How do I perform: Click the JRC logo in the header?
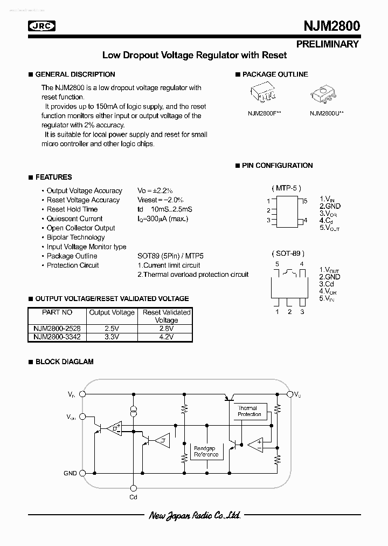(43, 26)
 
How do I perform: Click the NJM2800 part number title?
(327, 26)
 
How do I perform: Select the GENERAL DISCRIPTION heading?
(75, 74)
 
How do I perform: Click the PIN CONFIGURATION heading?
(277, 166)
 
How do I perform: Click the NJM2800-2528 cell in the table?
(57, 328)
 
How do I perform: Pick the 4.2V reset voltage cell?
(167, 337)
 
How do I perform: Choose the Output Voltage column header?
(112, 312)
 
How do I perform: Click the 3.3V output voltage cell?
(112, 337)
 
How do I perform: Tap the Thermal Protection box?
(249, 411)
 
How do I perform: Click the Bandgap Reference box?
(205, 451)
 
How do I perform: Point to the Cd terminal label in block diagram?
(134, 497)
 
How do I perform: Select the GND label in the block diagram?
(70, 473)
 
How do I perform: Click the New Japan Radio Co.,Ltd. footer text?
(194, 516)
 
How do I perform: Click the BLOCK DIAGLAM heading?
(64, 361)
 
